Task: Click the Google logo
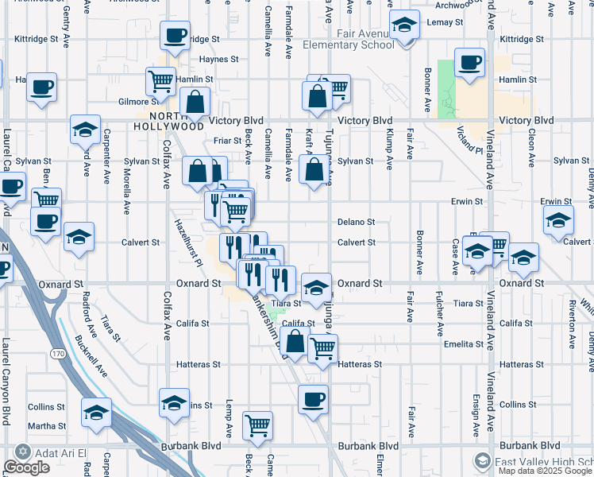(26, 467)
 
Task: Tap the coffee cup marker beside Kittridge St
(175, 36)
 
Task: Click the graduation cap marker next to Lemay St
(404, 25)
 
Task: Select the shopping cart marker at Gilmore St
(160, 81)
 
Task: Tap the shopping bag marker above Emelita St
(295, 343)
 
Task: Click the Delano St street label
(356, 222)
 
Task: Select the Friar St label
(227, 141)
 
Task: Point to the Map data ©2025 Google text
(544, 471)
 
